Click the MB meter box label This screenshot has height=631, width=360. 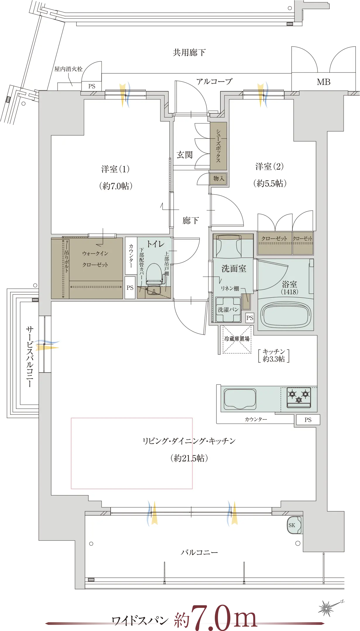pos(323,82)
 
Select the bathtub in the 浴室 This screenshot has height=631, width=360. pos(285,315)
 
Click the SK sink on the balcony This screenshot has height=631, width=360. pos(294,525)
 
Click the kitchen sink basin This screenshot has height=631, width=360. pos(240,399)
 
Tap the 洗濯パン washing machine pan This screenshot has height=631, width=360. pos(228,309)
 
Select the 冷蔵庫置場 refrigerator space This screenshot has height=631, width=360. pos(237,339)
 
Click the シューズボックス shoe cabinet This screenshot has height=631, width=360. pos(218,146)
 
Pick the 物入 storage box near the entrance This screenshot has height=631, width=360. pos(218,179)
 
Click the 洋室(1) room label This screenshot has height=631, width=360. pos(115,169)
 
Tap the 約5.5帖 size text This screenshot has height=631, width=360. pos(270,184)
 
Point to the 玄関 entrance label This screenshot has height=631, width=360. pos(185,155)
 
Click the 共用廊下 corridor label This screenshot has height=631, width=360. pos(189,53)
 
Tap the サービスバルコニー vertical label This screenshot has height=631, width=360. pos(30,357)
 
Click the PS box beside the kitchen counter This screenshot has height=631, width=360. pos(308,420)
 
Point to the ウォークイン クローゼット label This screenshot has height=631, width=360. pos(95,259)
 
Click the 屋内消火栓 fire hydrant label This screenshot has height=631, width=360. pos(68,69)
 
